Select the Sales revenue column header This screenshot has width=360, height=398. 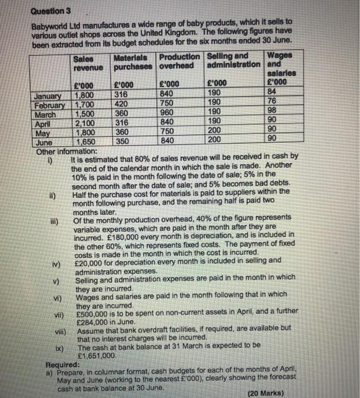coord(88,63)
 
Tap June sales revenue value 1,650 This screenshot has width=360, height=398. coord(86,143)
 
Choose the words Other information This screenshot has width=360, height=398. coord(67,152)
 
